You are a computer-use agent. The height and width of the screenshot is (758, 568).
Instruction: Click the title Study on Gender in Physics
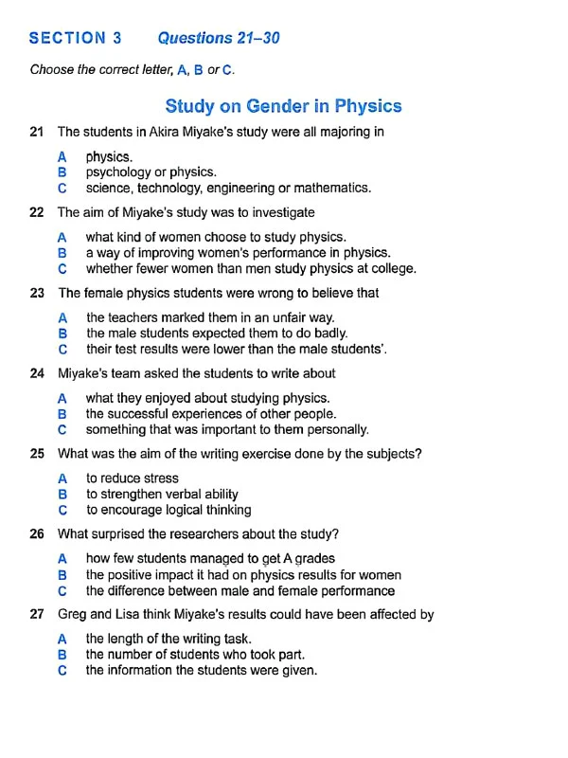[x=283, y=106]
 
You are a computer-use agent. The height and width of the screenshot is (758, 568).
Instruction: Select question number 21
[x=37, y=132]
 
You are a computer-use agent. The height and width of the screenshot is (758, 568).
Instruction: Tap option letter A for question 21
[x=62, y=156]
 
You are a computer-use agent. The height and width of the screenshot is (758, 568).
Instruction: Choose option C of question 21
[x=62, y=188]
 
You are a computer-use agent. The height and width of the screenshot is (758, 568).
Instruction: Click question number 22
[x=37, y=212]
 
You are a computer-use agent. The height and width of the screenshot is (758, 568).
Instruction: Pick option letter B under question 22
[x=62, y=253]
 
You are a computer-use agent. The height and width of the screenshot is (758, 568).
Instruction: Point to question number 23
[x=37, y=293]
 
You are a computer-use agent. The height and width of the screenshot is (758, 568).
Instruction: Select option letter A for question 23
[x=62, y=317]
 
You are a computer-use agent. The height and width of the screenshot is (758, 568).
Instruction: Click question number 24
[x=37, y=373]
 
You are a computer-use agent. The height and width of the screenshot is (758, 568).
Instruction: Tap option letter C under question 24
[x=62, y=429]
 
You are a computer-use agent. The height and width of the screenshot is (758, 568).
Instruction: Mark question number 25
[x=37, y=454]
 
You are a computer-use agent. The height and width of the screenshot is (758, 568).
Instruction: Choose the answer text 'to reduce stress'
[x=133, y=478]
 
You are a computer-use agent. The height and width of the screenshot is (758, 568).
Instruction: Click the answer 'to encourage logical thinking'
[x=169, y=510]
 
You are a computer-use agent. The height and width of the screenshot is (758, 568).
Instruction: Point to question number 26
[x=37, y=534]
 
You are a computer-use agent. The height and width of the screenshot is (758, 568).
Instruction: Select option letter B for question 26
[x=62, y=575]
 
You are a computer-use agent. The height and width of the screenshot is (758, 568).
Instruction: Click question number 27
[x=37, y=614]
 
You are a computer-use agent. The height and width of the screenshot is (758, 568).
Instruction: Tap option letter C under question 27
[x=62, y=670]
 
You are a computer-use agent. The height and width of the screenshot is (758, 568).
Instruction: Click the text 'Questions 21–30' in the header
[x=219, y=39]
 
